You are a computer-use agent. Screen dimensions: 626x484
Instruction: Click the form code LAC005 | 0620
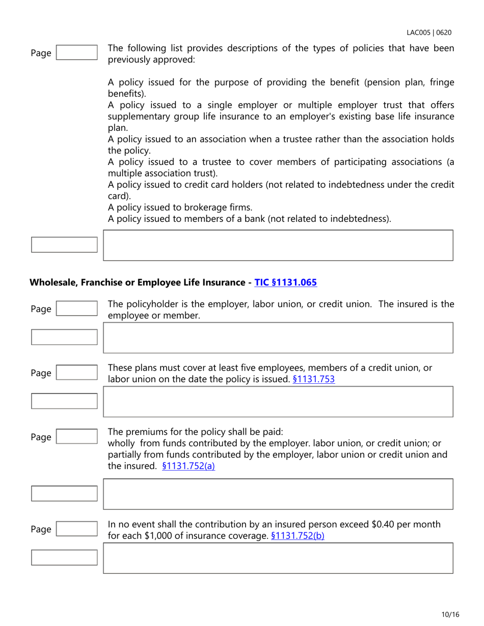tap(428, 33)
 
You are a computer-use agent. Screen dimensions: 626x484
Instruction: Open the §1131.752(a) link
tap(188, 465)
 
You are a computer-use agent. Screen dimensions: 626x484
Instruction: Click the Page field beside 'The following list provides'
tap(76, 53)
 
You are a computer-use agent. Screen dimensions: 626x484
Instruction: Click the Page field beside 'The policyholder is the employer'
tap(76, 309)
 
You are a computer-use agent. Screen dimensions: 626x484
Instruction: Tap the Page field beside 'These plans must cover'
tap(76, 373)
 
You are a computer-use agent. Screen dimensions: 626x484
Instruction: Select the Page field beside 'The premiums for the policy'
tap(76, 437)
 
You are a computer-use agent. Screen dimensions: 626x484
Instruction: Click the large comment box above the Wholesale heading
tap(278, 245)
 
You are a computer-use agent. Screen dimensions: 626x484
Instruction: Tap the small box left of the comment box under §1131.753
tap(64, 401)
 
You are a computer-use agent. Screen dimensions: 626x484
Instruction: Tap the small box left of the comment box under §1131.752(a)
tap(64, 493)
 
